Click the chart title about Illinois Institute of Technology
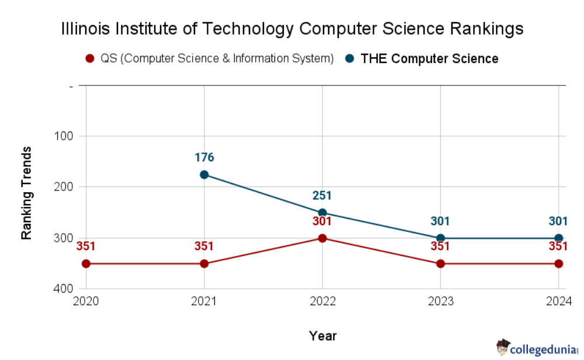(x=292, y=29)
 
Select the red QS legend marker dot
(x=89, y=58)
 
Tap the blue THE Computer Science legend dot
(x=349, y=58)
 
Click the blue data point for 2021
(x=204, y=175)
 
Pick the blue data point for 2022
(x=322, y=213)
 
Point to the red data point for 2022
(x=322, y=238)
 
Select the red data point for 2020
(x=86, y=264)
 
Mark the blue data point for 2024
(x=558, y=238)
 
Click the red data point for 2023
(x=440, y=264)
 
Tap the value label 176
(x=204, y=158)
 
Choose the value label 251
(x=322, y=196)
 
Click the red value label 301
(x=322, y=221)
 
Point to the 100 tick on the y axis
(x=62, y=136)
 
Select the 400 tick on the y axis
(x=62, y=289)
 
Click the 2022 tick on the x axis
(x=322, y=301)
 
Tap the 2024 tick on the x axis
(x=558, y=301)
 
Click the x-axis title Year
(x=322, y=335)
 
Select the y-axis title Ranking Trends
(x=26, y=193)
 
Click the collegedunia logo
(x=536, y=349)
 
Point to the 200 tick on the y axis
(x=62, y=187)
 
